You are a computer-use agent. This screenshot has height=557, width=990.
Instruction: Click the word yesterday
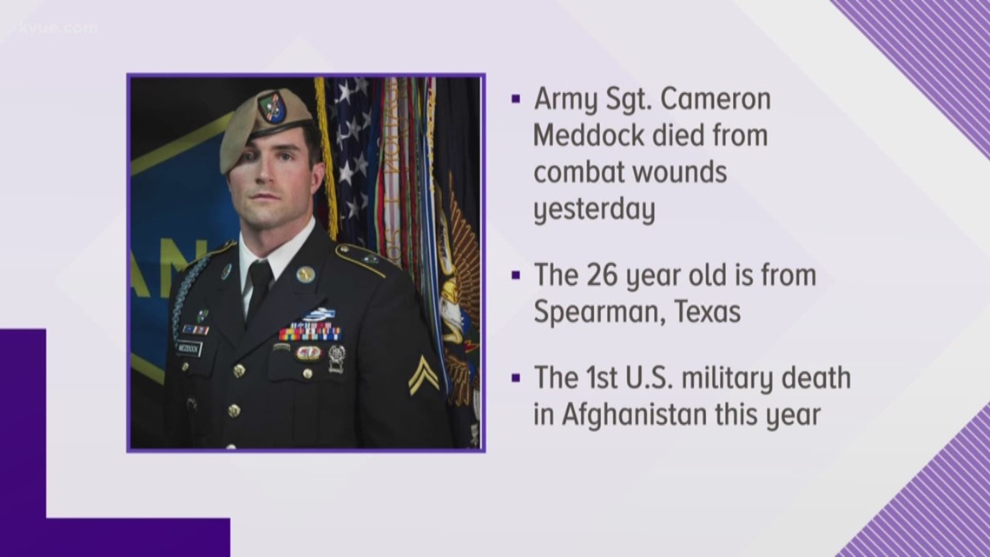click(594, 209)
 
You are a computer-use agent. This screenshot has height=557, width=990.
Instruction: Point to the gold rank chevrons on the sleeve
click(424, 374)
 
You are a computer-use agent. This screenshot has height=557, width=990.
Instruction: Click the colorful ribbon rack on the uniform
click(309, 331)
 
